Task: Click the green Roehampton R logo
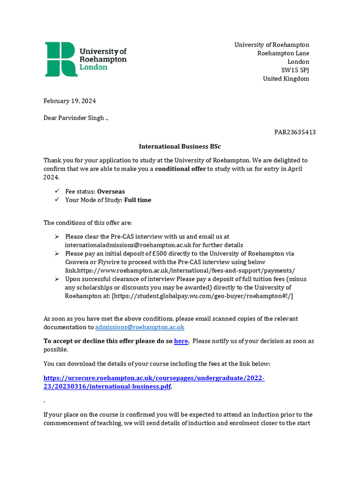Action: [61, 59]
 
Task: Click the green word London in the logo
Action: [93, 67]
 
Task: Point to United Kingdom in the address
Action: [286, 79]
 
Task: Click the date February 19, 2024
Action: [69, 101]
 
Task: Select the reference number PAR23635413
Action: [295, 132]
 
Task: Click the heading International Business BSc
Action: [180, 147]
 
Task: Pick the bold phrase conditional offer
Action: [180, 169]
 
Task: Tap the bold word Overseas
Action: [111, 191]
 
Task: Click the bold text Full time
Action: [138, 200]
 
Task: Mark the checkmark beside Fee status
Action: [57, 191]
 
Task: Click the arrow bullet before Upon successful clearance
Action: [57, 279]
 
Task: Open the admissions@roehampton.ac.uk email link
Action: [140, 327]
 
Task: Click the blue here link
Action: [181, 341]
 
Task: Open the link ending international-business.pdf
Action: [107, 387]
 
